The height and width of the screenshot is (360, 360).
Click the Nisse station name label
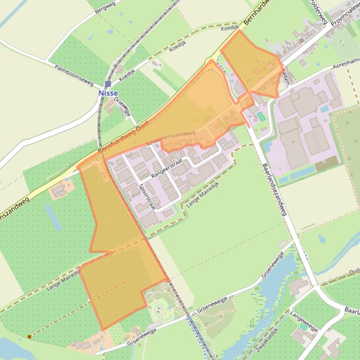pyautogui.click(x=108, y=93)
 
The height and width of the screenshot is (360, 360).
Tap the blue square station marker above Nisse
pyautogui.click(x=108, y=84)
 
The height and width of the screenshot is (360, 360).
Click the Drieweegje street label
pyautogui.click(x=122, y=106)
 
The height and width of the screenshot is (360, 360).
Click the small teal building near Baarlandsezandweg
pyautogui.click(x=261, y=116)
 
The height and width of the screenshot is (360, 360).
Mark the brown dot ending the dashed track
pyautogui.click(x=29, y=336)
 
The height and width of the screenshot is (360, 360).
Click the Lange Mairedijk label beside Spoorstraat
pyautogui.click(x=203, y=194)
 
